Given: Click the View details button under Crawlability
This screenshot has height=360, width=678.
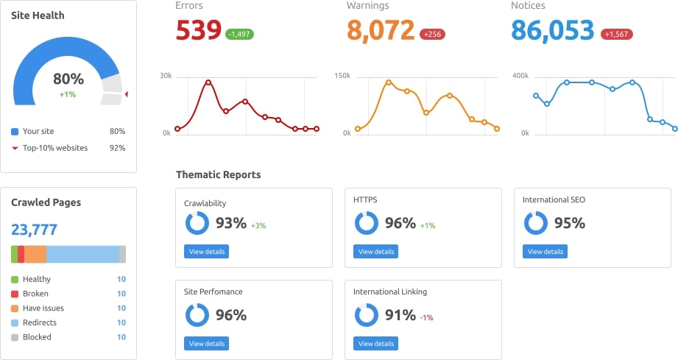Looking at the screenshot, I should (206, 252).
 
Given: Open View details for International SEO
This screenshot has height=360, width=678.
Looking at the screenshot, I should (545, 252).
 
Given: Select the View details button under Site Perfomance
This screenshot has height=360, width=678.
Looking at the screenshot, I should (206, 344).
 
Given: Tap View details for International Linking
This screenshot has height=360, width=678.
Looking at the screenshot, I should (375, 344).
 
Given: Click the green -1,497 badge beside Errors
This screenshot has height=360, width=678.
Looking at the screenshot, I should (240, 34).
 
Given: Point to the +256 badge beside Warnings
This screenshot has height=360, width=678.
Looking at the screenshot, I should (432, 34).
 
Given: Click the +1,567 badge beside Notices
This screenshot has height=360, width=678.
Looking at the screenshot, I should (617, 34).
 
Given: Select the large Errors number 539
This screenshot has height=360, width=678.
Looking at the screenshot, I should (198, 30).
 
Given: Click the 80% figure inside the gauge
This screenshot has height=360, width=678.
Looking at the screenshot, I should (68, 79).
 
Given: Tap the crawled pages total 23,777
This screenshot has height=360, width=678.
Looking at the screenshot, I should (34, 230).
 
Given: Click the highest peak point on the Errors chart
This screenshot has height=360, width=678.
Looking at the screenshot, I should (208, 82).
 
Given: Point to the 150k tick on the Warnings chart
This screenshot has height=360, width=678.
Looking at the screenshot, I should (342, 76).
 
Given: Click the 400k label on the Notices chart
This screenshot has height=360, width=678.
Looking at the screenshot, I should (520, 76).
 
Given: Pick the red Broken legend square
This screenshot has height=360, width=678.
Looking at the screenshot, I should (15, 294).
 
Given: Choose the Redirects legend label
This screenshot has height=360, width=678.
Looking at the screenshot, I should (40, 322).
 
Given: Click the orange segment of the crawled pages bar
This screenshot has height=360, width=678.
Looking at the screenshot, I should (35, 254).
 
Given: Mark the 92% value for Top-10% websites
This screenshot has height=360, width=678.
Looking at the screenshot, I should (117, 148).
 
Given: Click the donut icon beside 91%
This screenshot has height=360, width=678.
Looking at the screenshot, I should (367, 315).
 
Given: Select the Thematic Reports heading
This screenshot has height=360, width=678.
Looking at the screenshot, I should (218, 174).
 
